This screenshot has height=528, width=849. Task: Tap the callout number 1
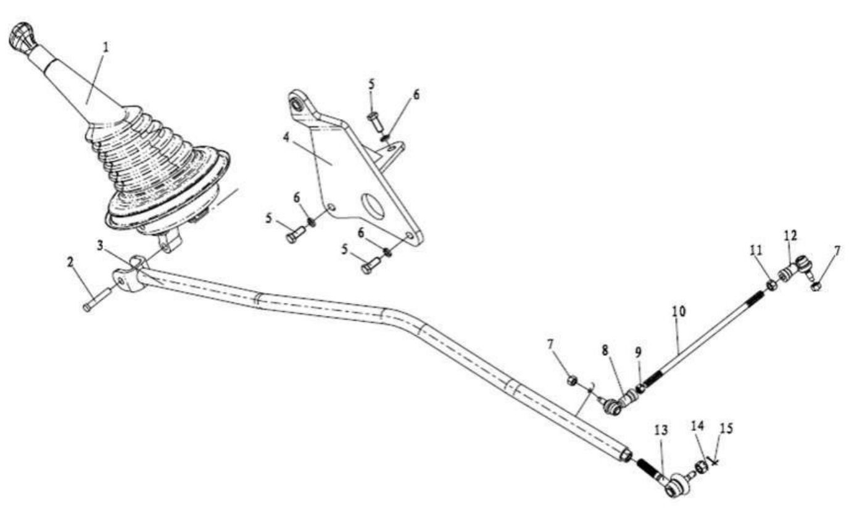pos(106,47)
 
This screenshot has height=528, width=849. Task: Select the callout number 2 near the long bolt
pos(70,262)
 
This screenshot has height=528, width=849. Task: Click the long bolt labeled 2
pos(97,299)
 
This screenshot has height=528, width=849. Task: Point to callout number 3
pos(100,246)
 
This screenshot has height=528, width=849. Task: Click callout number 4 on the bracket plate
pos(286,137)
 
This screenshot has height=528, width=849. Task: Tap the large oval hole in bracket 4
pos(373,206)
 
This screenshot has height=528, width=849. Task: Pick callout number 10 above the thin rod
pos(679,311)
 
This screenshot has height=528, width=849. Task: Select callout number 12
pos(790,236)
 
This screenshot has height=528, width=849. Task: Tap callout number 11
pos(756,250)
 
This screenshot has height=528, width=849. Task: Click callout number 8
pos(604,350)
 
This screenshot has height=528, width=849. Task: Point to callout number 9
pos(638,353)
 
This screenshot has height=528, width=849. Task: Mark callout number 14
pos(697,426)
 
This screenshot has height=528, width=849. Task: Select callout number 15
pos(726,429)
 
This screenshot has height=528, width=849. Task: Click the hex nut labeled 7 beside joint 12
pos(816,286)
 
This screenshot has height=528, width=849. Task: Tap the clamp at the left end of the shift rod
pos(129,275)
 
